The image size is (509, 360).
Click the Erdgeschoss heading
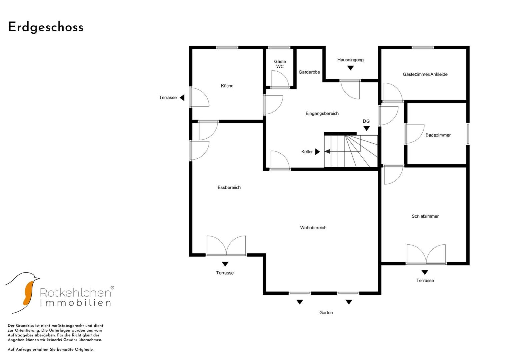click(46, 27)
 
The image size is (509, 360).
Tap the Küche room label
click(227, 86)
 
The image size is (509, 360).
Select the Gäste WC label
click(280, 64)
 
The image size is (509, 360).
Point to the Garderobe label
click(309, 72)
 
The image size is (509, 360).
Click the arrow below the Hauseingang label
click(350, 68)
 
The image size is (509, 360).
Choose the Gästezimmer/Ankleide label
click(425, 74)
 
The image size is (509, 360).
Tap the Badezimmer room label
click(438, 135)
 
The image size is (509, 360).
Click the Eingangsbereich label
click(322, 113)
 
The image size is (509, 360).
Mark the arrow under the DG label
click(366, 128)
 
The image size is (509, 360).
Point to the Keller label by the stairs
click(307, 152)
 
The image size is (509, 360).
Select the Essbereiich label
click(229, 187)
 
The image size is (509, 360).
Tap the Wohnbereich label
click(313, 228)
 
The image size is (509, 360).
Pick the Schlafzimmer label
click(425, 216)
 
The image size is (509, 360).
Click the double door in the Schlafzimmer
click(426, 255)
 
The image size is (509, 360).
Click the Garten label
click(326, 313)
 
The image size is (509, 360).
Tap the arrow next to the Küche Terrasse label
click(182, 98)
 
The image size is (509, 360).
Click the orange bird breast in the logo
click(28, 293)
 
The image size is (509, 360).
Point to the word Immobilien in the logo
click(75, 303)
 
